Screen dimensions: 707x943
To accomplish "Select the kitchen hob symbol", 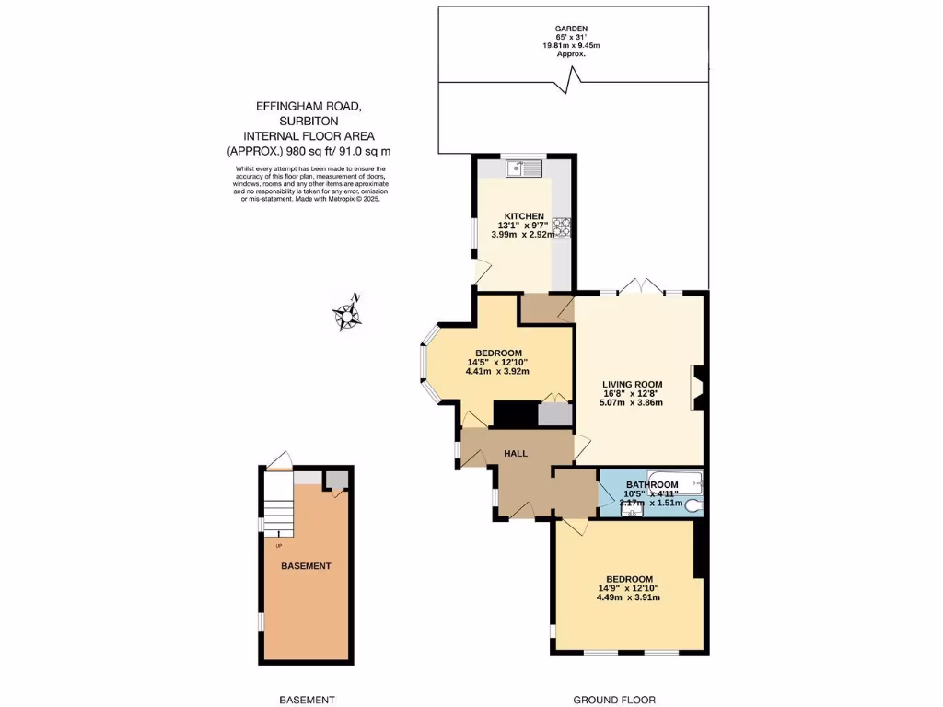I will [x=561, y=226].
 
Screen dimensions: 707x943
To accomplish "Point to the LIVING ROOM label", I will [x=633, y=384].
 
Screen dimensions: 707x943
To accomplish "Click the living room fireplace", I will [x=697, y=387].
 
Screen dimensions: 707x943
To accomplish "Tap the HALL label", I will [x=516, y=453].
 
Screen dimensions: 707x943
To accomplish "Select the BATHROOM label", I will [x=651, y=484].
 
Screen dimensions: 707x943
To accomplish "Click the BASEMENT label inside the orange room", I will [x=305, y=566].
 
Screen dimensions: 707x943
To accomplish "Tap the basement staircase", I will [x=276, y=506].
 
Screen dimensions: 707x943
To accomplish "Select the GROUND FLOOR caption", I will [x=614, y=700].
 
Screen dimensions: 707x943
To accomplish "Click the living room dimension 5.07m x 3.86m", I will [x=633, y=402].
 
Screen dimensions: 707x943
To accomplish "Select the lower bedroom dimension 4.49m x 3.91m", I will [x=628, y=597].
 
